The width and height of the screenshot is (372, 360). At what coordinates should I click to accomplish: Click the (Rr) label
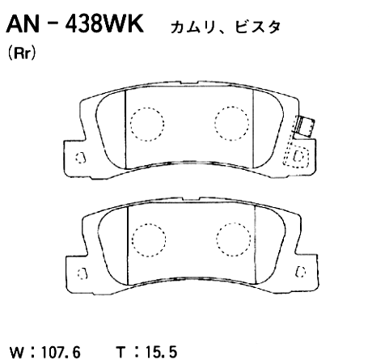pos(19,57)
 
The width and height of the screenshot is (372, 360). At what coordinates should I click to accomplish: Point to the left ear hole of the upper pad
pos(78,158)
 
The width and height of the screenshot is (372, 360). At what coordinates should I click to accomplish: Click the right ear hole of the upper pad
pos(299,155)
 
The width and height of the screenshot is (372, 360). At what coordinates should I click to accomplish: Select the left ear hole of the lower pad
pos(78,271)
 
